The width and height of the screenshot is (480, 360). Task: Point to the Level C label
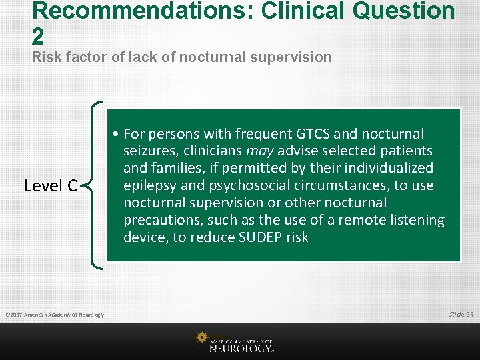click(x=51, y=185)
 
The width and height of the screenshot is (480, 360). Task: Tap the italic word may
click(x=261, y=151)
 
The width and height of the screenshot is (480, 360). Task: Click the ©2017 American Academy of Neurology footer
click(x=54, y=314)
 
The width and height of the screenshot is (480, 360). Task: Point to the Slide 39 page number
click(x=461, y=314)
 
